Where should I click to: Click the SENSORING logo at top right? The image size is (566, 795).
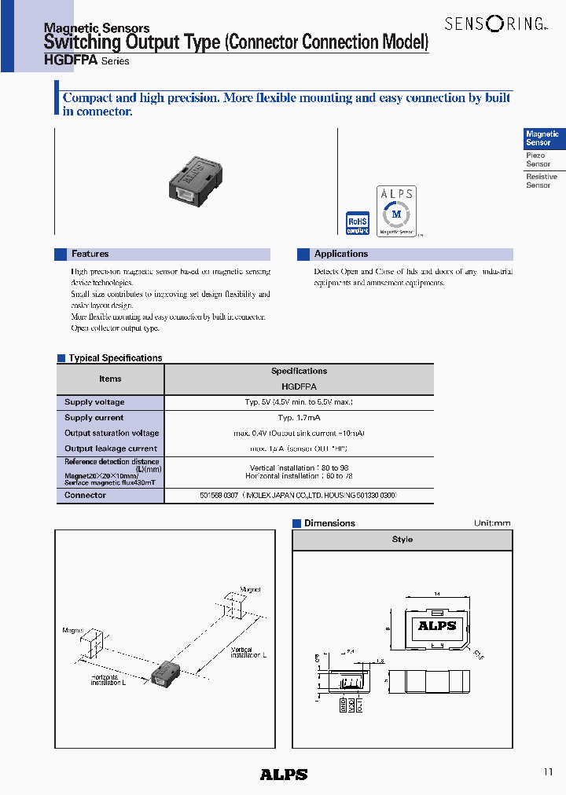[494, 24]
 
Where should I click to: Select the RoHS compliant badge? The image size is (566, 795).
[358, 223]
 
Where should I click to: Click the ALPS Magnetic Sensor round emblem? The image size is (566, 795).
[396, 211]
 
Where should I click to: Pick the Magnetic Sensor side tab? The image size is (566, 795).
[542, 139]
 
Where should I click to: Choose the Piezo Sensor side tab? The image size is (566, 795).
[538, 160]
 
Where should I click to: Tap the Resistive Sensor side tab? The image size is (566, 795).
[541, 181]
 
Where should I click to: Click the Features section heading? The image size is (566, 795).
[90, 255]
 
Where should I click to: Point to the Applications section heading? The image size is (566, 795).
[340, 255]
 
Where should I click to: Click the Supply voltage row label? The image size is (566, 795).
[94, 402]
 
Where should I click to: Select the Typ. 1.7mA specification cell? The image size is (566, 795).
[299, 418]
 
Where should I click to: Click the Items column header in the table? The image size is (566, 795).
[110, 379]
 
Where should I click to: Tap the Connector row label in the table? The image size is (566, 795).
[85, 496]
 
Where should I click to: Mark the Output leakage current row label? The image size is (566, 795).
[111, 449]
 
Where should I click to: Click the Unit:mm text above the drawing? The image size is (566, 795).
[492, 523]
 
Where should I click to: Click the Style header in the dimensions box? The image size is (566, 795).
[402, 540]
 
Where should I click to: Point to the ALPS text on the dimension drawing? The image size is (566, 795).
[436, 626]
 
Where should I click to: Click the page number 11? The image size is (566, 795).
[548, 772]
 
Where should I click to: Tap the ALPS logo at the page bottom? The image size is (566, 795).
[283, 775]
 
